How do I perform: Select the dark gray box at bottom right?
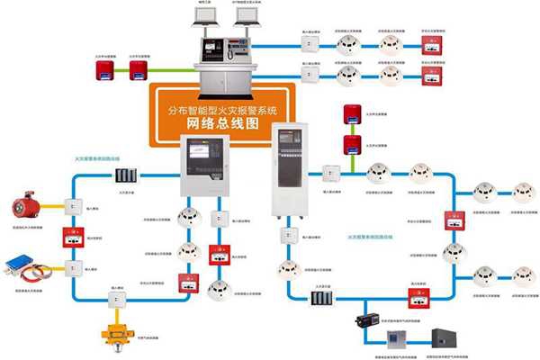tap(444, 337)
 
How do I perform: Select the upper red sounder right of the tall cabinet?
tap(351, 113)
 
